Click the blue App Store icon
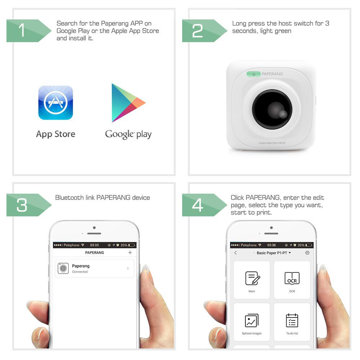(x=55, y=103)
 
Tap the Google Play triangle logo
(x=128, y=103)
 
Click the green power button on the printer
(x=253, y=74)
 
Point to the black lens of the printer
(x=272, y=109)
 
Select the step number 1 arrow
(x=29, y=31)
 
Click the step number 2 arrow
(x=204, y=31)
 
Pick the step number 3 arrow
(x=29, y=205)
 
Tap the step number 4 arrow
(x=204, y=205)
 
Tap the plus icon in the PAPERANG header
(x=130, y=253)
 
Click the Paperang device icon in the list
(x=63, y=268)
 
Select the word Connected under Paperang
(x=80, y=272)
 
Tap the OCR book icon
(x=292, y=278)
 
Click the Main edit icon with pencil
(x=253, y=278)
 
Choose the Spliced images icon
(x=252, y=320)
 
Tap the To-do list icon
(x=292, y=320)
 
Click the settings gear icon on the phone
(x=307, y=253)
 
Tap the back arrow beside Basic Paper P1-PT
(x=235, y=253)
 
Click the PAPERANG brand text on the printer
(x=272, y=74)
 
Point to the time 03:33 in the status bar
(x=94, y=245)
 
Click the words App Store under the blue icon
(x=55, y=134)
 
